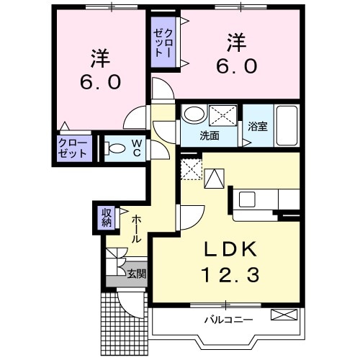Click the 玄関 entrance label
[136, 273]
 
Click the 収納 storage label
[107, 217]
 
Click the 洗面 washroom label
[210, 135]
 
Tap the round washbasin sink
[192, 114]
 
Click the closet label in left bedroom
[73, 148]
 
